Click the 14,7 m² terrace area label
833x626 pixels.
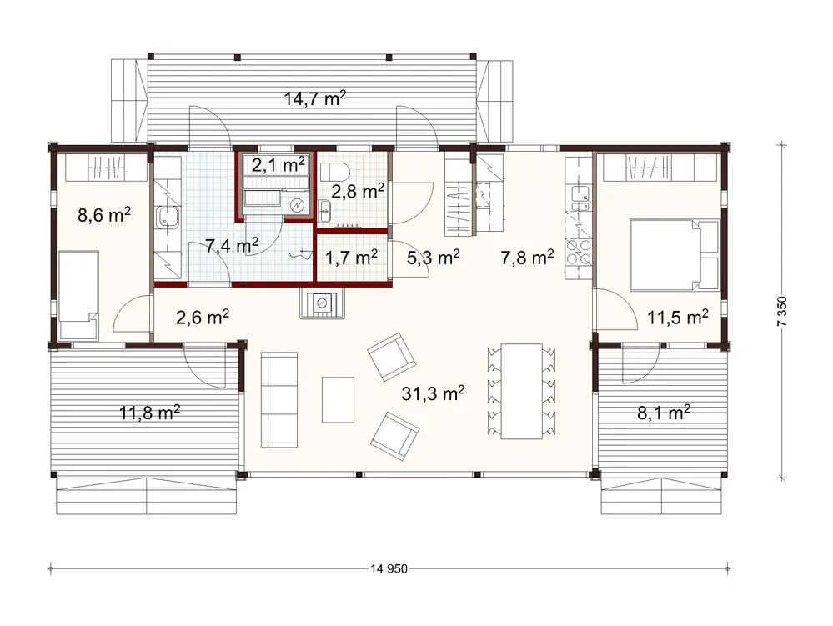tap(315, 98)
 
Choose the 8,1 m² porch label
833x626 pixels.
tap(662, 411)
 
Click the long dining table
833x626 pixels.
tap(520, 390)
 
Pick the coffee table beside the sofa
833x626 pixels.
tap(338, 400)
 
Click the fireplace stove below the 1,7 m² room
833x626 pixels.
tap(322, 304)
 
